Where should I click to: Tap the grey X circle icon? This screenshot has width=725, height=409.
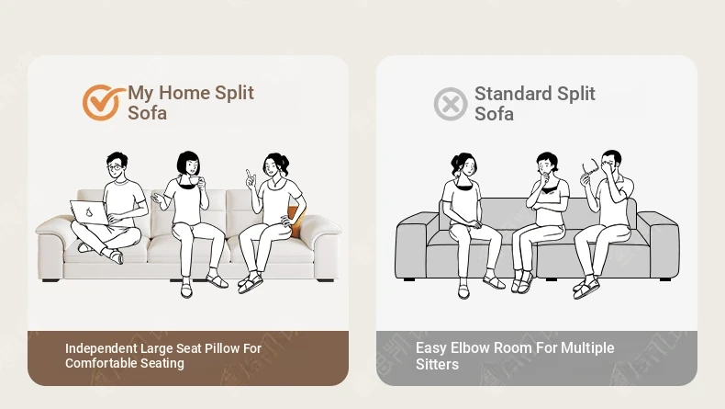tap(451, 104)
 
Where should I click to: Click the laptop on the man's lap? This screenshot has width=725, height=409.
tap(90, 212)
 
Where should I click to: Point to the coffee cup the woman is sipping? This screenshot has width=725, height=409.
tap(195, 180)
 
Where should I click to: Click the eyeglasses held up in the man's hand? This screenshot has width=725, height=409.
tap(590, 166)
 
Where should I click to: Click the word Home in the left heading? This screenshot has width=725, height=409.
tap(184, 93)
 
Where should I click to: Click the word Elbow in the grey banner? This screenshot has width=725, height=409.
tap(467, 347)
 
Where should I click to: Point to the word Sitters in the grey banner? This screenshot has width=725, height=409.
tap(437, 364)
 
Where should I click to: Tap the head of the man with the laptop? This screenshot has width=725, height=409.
tap(117, 165)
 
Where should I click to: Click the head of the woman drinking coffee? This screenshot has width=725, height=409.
tap(189, 164)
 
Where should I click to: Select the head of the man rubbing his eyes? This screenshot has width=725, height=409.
tap(611, 162)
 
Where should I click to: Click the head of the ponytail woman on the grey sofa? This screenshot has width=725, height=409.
tap(464, 165)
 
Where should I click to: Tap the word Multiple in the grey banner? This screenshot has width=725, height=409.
tap(587, 347)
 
